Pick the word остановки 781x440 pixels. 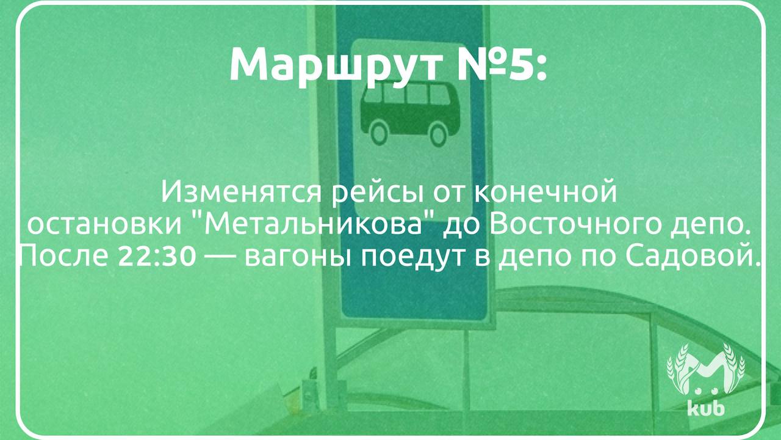(x=104, y=226)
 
